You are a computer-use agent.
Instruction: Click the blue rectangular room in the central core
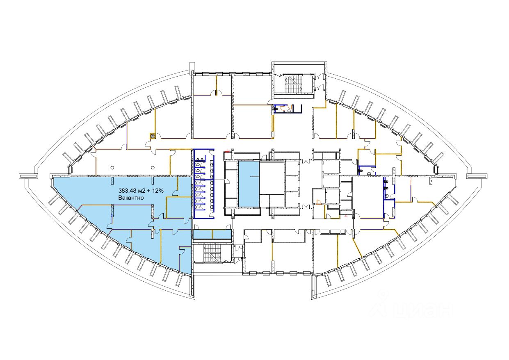pyautogui.click(x=249, y=184)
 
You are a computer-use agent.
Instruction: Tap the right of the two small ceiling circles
pyautogui.click(x=153, y=167)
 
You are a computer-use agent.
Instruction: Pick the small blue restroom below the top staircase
pyautogui.click(x=288, y=109)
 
